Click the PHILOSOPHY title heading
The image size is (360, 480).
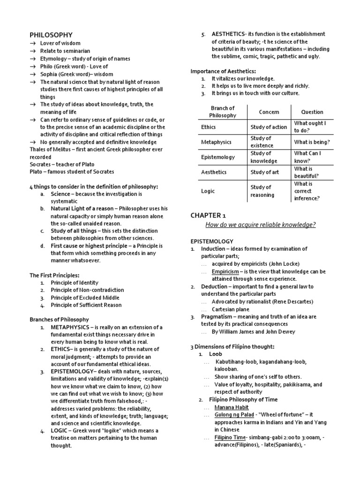coord(51,35)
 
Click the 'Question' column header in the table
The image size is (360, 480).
coord(312,112)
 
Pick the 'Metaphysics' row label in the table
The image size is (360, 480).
coord(214,142)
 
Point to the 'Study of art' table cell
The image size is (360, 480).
coord(265,172)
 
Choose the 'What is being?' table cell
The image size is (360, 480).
coord(312,142)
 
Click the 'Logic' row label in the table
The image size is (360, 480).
coord(207,191)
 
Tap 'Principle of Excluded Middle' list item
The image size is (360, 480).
coord(85,298)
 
